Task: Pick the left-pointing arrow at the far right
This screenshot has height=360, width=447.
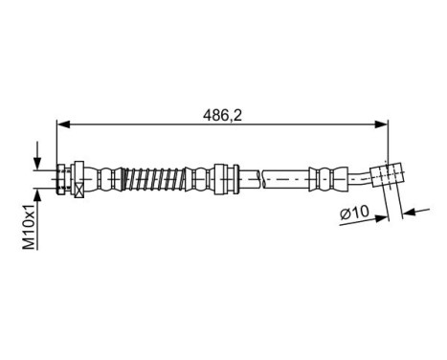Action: coord(411,211)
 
